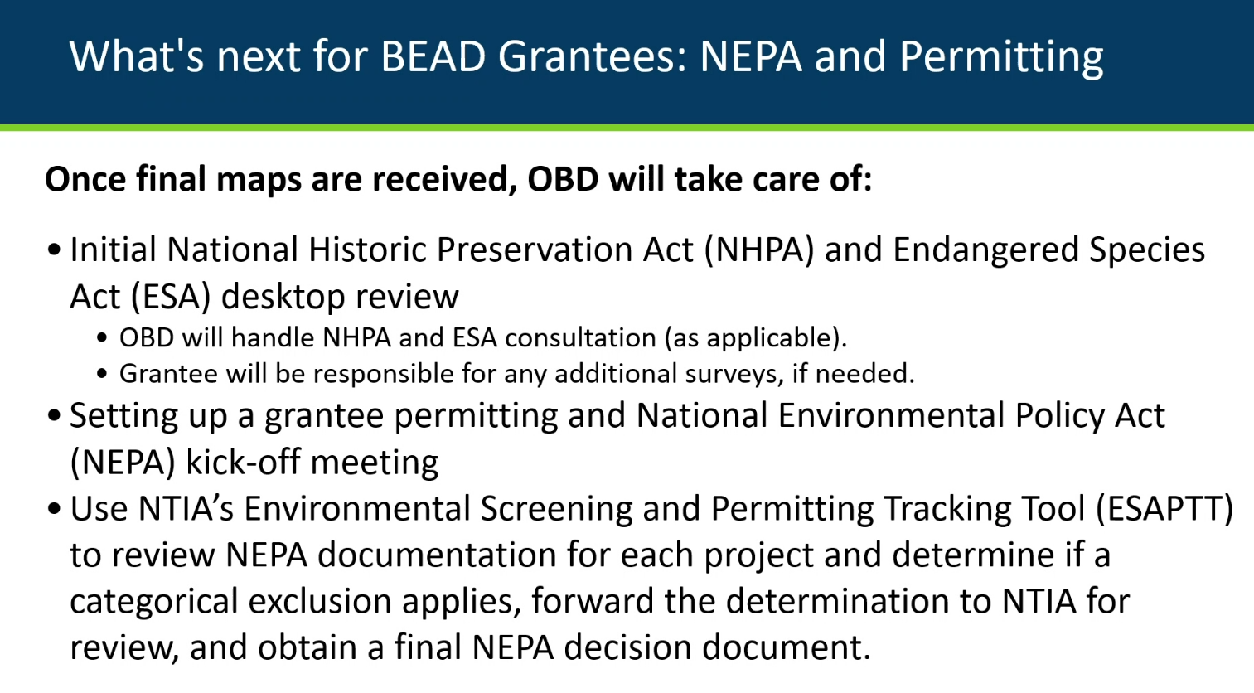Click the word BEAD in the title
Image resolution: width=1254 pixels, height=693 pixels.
433,56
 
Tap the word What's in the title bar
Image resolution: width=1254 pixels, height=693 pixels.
137,56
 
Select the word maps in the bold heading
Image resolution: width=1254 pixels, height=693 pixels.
259,181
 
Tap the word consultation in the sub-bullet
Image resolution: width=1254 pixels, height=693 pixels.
580,338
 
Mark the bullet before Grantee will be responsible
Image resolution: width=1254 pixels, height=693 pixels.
102,374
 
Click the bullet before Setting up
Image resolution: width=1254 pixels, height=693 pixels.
54,415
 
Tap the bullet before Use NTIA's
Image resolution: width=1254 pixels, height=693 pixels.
54,509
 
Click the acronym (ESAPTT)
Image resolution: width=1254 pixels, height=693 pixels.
1164,510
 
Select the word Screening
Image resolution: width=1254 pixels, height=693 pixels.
556,510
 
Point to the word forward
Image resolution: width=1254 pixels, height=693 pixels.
593,601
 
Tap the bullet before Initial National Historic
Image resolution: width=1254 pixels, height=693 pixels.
54,250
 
